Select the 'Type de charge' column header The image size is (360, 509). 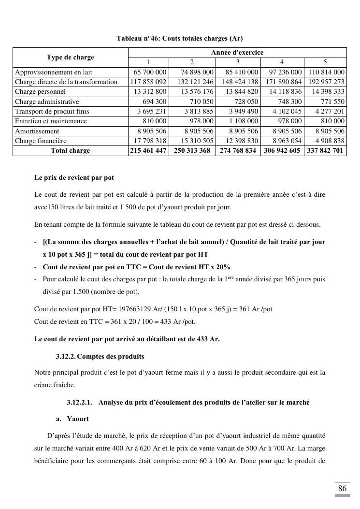coord(71,58)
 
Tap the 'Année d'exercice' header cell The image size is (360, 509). coord(237,52)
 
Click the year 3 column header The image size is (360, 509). coord(238,62)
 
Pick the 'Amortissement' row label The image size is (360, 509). coord(37,131)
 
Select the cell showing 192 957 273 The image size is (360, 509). coord(326,82)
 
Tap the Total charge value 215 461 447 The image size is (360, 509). coord(148,151)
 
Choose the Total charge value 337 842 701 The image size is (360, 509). coord(326,151)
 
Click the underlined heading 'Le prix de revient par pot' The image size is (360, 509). coord(74,177)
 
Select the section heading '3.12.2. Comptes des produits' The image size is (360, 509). coord(100,356)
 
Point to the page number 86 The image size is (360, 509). coord(342,488)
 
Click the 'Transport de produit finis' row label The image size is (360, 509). coord(52,111)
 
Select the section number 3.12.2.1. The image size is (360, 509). coord(79,402)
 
